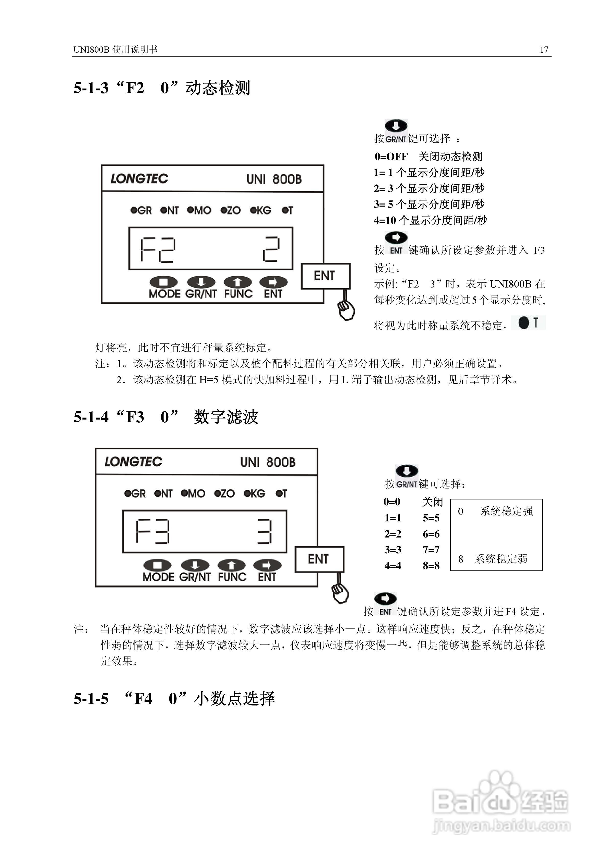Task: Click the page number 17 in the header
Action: coord(544,50)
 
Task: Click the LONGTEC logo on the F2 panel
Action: coord(139,179)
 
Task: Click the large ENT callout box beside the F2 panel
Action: coord(325,276)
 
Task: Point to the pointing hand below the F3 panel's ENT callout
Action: coord(340,593)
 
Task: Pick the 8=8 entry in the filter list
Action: coord(431,565)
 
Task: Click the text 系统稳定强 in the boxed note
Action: coord(506,511)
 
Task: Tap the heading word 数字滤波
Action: coord(226,417)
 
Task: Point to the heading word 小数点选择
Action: coord(234,699)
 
